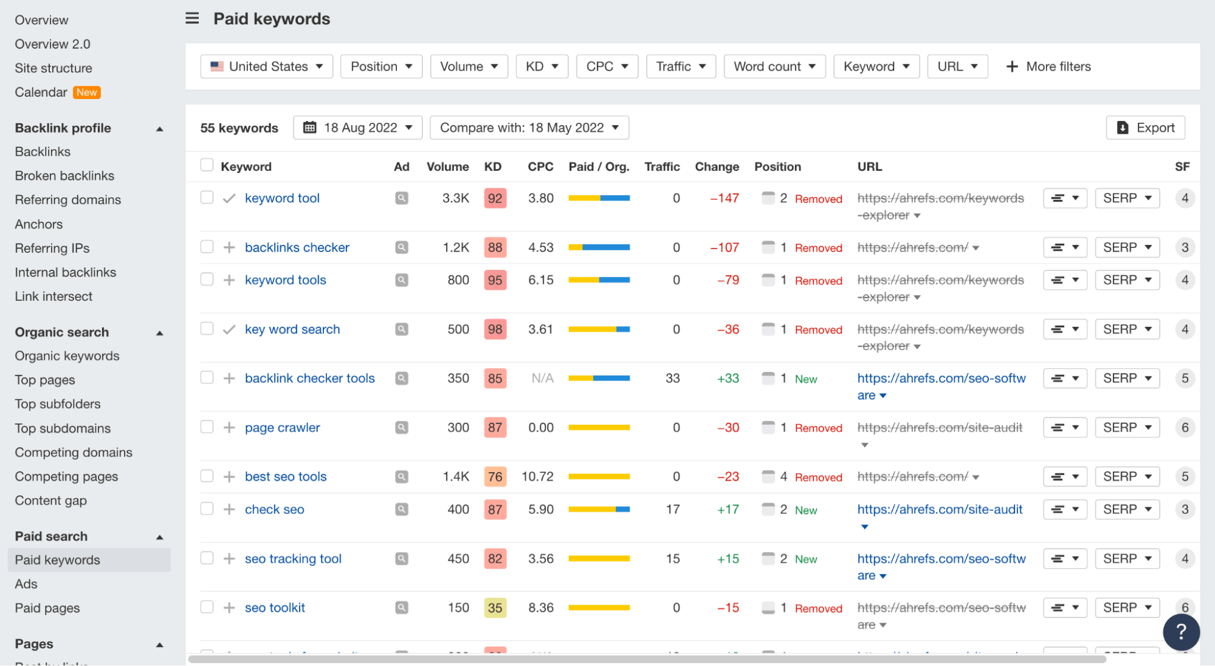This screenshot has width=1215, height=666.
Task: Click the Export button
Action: pyautogui.click(x=1146, y=128)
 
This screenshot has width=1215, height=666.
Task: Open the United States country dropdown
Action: pyautogui.click(x=266, y=66)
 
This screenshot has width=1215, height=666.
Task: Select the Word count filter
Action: pyautogui.click(x=774, y=66)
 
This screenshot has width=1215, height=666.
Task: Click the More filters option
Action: pyautogui.click(x=1048, y=66)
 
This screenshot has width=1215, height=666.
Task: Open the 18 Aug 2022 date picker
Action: pyautogui.click(x=357, y=128)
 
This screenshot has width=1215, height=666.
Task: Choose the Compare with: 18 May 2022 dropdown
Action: pyautogui.click(x=529, y=128)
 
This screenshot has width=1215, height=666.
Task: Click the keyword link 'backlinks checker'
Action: pyautogui.click(x=297, y=247)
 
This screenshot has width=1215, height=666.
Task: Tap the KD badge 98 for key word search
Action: pyautogui.click(x=495, y=329)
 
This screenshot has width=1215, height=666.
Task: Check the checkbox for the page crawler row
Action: pyautogui.click(x=207, y=427)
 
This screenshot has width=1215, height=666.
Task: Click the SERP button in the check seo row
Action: pyautogui.click(x=1127, y=509)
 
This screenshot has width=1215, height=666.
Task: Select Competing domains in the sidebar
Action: pyautogui.click(x=74, y=452)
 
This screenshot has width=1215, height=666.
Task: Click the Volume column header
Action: pyautogui.click(x=447, y=166)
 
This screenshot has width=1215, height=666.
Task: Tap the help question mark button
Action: pyautogui.click(x=1181, y=632)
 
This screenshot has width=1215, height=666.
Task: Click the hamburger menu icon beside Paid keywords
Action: pyautogui.click(x=192, y=18)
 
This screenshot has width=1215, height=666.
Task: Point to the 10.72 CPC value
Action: pyautogui.click(x=537, y=476)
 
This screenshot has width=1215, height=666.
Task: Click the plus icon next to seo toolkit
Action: pyautogui.click(x=229, y=608)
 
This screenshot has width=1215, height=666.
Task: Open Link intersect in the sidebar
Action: pyautogui.click(x=53, y=296)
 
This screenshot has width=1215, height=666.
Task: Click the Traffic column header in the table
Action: pyautogui.click(x=662, y=166)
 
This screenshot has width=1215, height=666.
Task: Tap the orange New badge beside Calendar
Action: pyautogui.click(x=87, y=92)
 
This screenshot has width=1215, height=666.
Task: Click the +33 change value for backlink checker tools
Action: pyautogui.click(x=728, y=378)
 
